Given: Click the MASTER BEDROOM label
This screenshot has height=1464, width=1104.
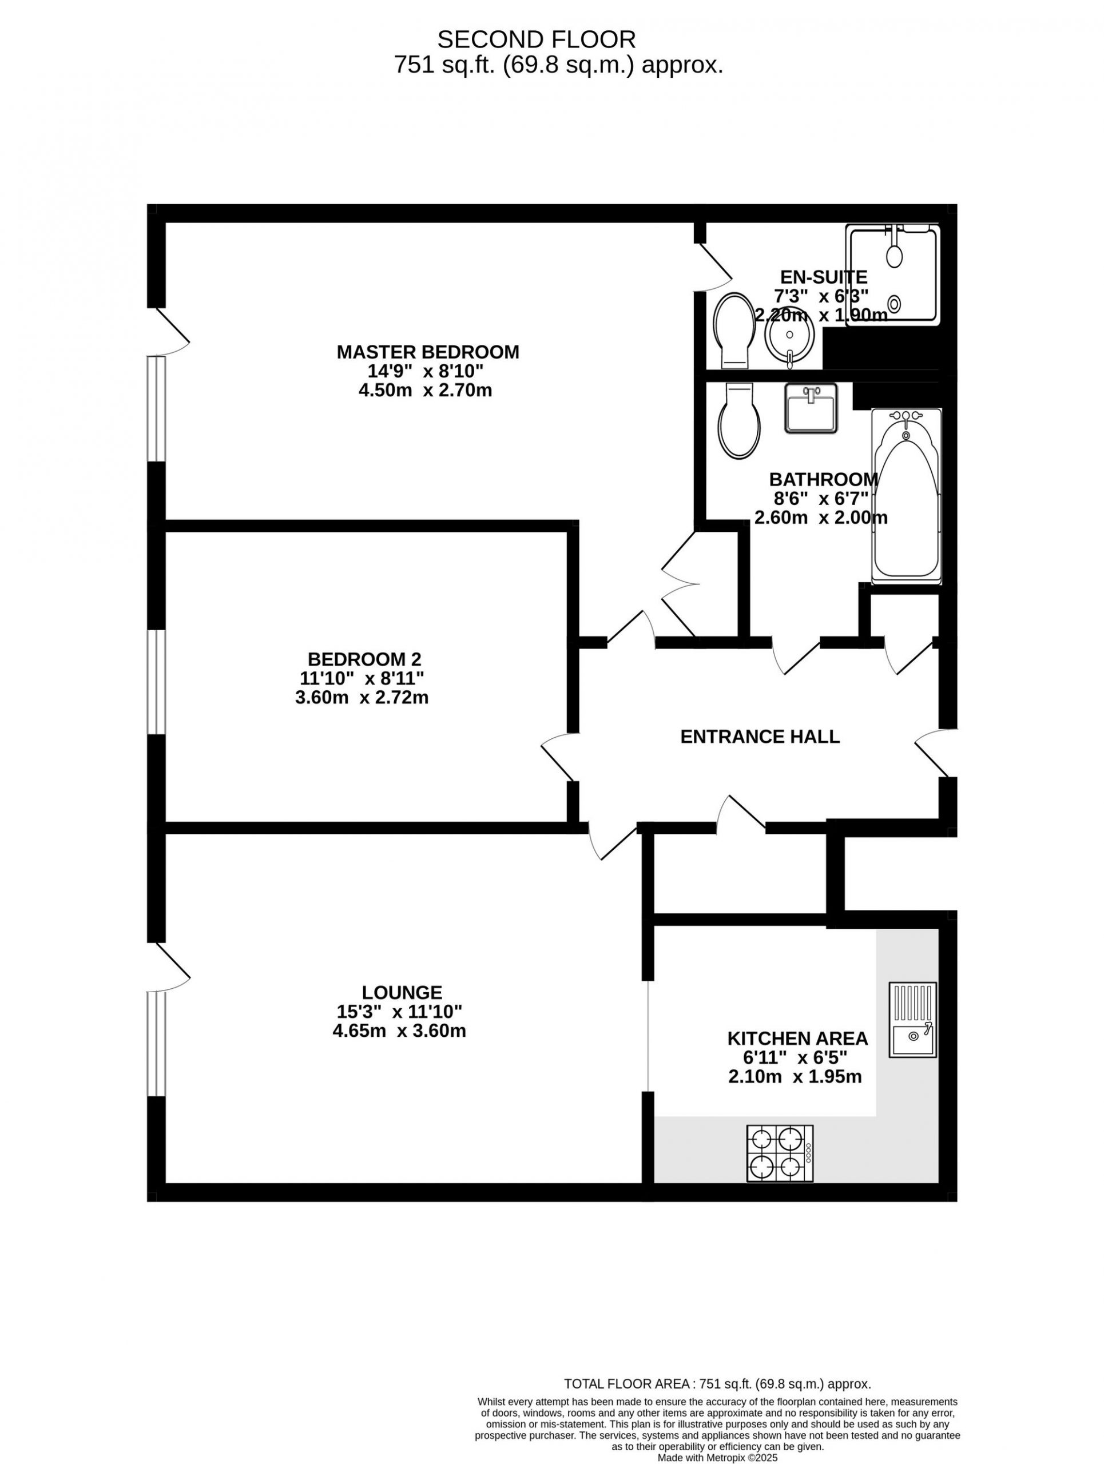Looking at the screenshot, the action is (x=427, y=352).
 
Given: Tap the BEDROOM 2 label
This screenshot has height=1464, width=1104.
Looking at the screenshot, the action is (x=364, y=659).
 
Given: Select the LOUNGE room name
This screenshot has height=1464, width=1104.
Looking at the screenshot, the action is (x=402, y=993).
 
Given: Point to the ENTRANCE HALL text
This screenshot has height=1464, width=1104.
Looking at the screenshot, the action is (x=760, y=737).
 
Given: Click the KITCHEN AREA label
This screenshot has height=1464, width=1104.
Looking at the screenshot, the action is (x=797, y=1039).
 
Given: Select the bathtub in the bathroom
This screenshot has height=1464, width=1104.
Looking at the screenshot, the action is (x=906, y=496).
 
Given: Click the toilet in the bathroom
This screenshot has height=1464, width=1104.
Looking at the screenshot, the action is (x=739, y=421).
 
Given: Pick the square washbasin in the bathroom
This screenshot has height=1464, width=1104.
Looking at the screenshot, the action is (x=811, y=408).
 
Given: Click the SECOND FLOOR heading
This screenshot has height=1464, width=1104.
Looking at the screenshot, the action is (x=536, y=39).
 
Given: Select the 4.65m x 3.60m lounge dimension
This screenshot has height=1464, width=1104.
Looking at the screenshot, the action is (x=399, y=1031).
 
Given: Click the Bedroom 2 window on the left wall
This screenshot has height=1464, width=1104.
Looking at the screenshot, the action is (x=156, y=682).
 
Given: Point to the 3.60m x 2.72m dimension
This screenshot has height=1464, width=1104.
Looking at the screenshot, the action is (x=362, y=698).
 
